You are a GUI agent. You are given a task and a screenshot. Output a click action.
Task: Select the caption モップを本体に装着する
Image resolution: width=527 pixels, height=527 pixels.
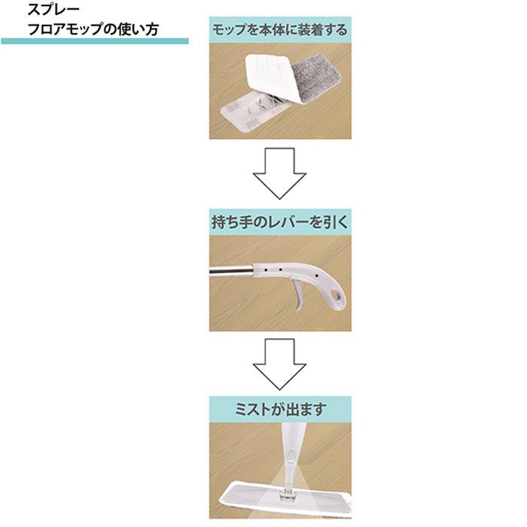280,30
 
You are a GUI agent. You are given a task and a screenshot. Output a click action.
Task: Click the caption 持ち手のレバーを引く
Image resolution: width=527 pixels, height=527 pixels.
280,224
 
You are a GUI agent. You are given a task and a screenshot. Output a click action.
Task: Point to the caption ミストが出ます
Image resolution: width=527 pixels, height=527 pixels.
280,411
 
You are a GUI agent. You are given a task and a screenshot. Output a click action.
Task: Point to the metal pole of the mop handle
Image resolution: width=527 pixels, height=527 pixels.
233,276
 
